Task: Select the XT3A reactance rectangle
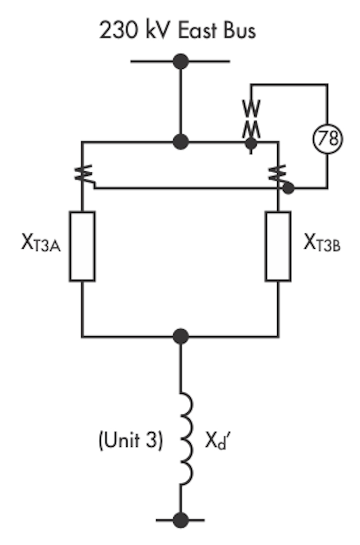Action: tap(82, 246)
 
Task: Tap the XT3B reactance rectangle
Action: tap(278, 246)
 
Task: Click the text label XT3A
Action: tap(41, 242)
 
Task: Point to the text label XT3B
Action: tap(322, 242)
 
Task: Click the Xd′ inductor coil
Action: tap(187, 439)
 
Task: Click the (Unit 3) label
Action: tap(131, 440)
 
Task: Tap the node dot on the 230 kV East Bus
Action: tap(181, 62)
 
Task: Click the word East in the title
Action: tap(197, 30)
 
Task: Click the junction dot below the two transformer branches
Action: tap(181, 336)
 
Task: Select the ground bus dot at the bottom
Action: tap(181, 520)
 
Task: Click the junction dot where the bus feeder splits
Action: tap(181, 142)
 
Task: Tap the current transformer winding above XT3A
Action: tap(83, 173)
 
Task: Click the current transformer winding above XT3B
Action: tap(277, 173)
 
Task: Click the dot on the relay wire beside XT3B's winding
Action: tap(288, 188)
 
